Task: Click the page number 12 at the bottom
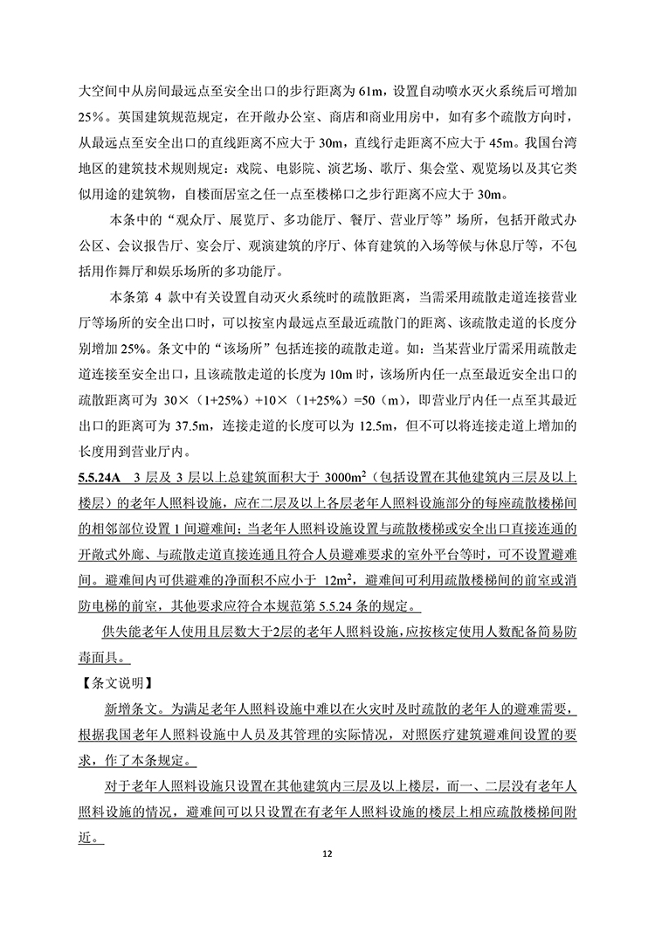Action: click(x=328, y=853)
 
